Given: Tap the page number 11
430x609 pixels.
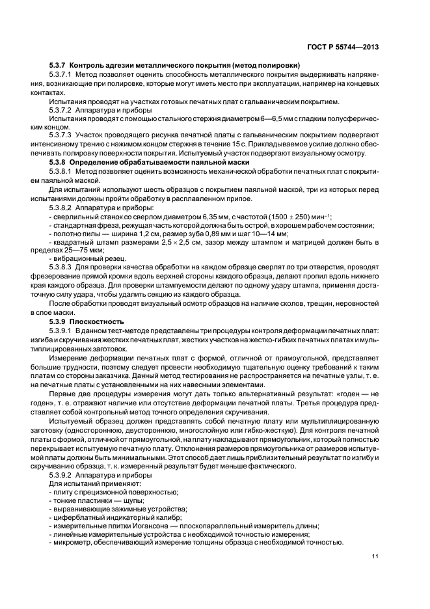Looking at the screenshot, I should (x=375, y=555).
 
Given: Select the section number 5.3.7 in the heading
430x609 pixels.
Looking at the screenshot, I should (x=57, y=66).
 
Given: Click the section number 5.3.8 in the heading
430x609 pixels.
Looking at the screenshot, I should (x=57, y=160).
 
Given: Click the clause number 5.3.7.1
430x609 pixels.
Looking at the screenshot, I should (x=60, y=75).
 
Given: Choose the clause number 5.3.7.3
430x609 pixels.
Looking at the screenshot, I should (x=60, y=134).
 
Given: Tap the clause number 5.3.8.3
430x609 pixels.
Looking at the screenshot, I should (x=60, y=267).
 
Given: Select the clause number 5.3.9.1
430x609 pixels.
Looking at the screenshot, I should (x=60, y=331).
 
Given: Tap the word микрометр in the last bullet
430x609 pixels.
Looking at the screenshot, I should (x=74, y=543).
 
